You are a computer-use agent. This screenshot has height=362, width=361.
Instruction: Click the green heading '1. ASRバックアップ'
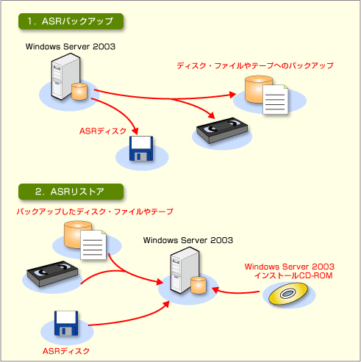[x=71, y=21]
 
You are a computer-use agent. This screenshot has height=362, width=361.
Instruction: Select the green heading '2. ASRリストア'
[x=71, y=192]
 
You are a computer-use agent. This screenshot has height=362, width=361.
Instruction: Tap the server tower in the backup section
[x=65, y=76]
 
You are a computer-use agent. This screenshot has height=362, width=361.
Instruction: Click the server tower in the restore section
[x=185, y=270]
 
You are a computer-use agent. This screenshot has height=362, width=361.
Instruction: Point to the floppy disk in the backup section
[x=141, y=148]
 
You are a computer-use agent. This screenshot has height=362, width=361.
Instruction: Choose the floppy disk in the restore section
[x=66, y=323]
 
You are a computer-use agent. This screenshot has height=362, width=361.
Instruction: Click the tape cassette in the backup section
[x=222, y=130]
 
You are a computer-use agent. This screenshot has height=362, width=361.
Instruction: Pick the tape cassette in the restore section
[x=52, y=274]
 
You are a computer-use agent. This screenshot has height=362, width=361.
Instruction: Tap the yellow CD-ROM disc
[x=288, y=294]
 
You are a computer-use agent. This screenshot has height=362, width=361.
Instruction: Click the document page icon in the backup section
[x=275, y=100]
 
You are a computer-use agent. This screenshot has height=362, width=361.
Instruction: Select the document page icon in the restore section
[x=93, y=245]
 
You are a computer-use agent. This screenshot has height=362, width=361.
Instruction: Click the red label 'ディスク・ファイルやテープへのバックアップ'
[x=255, y=65]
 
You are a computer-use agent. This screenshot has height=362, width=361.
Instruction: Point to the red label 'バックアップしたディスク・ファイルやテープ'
[x=95, y=211]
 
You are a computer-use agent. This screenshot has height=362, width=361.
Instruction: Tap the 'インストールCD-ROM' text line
[x=293, y=275]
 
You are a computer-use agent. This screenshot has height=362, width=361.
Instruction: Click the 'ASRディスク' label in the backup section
[x=103, y=131]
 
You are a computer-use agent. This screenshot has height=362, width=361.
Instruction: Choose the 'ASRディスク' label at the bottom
[x=66, y=351]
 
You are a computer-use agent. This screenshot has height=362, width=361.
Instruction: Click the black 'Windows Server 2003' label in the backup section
[x=71, y=46]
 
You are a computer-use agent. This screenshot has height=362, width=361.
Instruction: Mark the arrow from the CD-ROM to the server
[x=236, y=292]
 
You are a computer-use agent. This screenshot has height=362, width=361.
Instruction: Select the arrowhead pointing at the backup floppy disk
[x=135, y=131]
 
